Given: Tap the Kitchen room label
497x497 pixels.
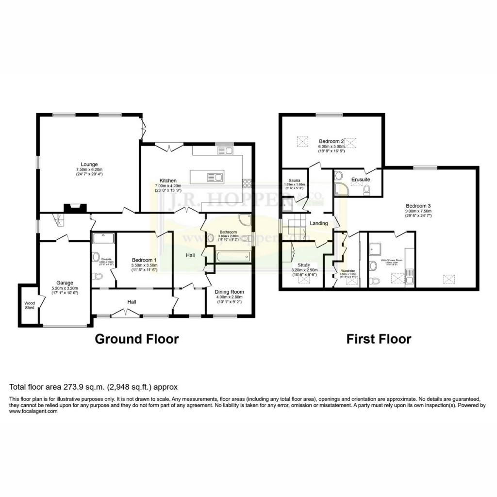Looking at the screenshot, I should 168,181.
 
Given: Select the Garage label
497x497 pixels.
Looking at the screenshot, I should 65,283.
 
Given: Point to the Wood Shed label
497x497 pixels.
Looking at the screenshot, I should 30,305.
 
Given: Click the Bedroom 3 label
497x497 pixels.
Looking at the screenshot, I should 418,205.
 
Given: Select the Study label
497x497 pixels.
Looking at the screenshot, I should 304,265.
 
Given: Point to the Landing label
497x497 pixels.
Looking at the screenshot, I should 319,223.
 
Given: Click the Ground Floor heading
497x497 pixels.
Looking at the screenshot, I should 136,339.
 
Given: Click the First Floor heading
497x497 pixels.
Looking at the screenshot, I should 379,339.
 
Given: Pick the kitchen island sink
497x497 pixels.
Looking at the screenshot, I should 214,177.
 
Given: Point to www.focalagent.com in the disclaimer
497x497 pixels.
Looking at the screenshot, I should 33,411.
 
